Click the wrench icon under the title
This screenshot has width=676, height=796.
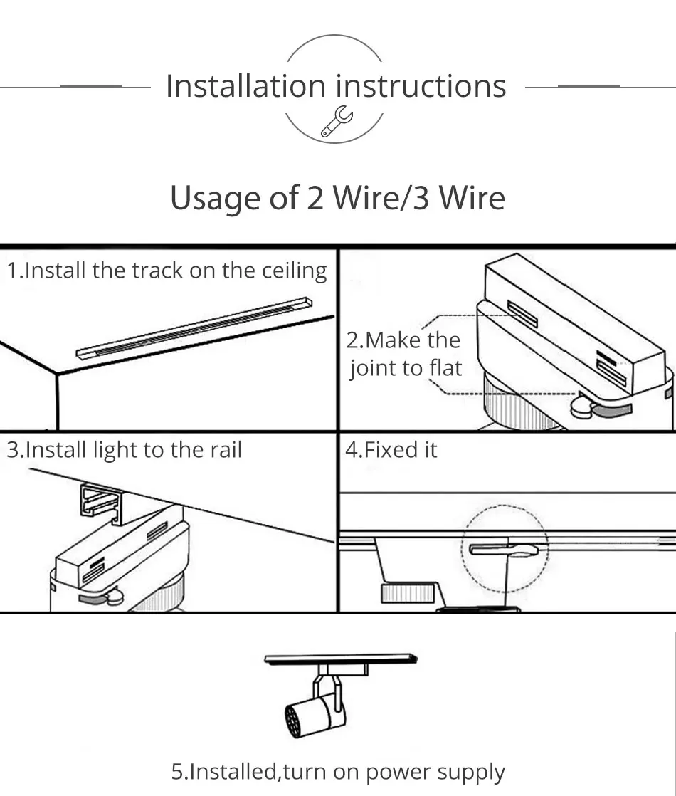click(336, 120)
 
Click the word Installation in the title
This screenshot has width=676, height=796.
click(245, 86)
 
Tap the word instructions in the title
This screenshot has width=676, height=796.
click(421, 86)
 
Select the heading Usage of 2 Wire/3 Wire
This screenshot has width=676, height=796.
click(337, 197)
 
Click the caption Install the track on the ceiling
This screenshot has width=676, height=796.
click(167, 271)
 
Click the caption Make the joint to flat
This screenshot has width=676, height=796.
click(404, 354)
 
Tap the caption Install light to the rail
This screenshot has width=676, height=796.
click(125, 450)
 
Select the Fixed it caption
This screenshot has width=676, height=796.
click(391, 450)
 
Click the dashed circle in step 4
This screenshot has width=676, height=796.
click(505, 548)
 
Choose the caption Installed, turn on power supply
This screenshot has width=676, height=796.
click(338, 771)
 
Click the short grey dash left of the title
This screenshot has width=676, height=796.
click(91, 86)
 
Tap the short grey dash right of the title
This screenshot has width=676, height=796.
click(588, 86)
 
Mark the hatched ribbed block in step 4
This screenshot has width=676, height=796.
click(407, 592)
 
